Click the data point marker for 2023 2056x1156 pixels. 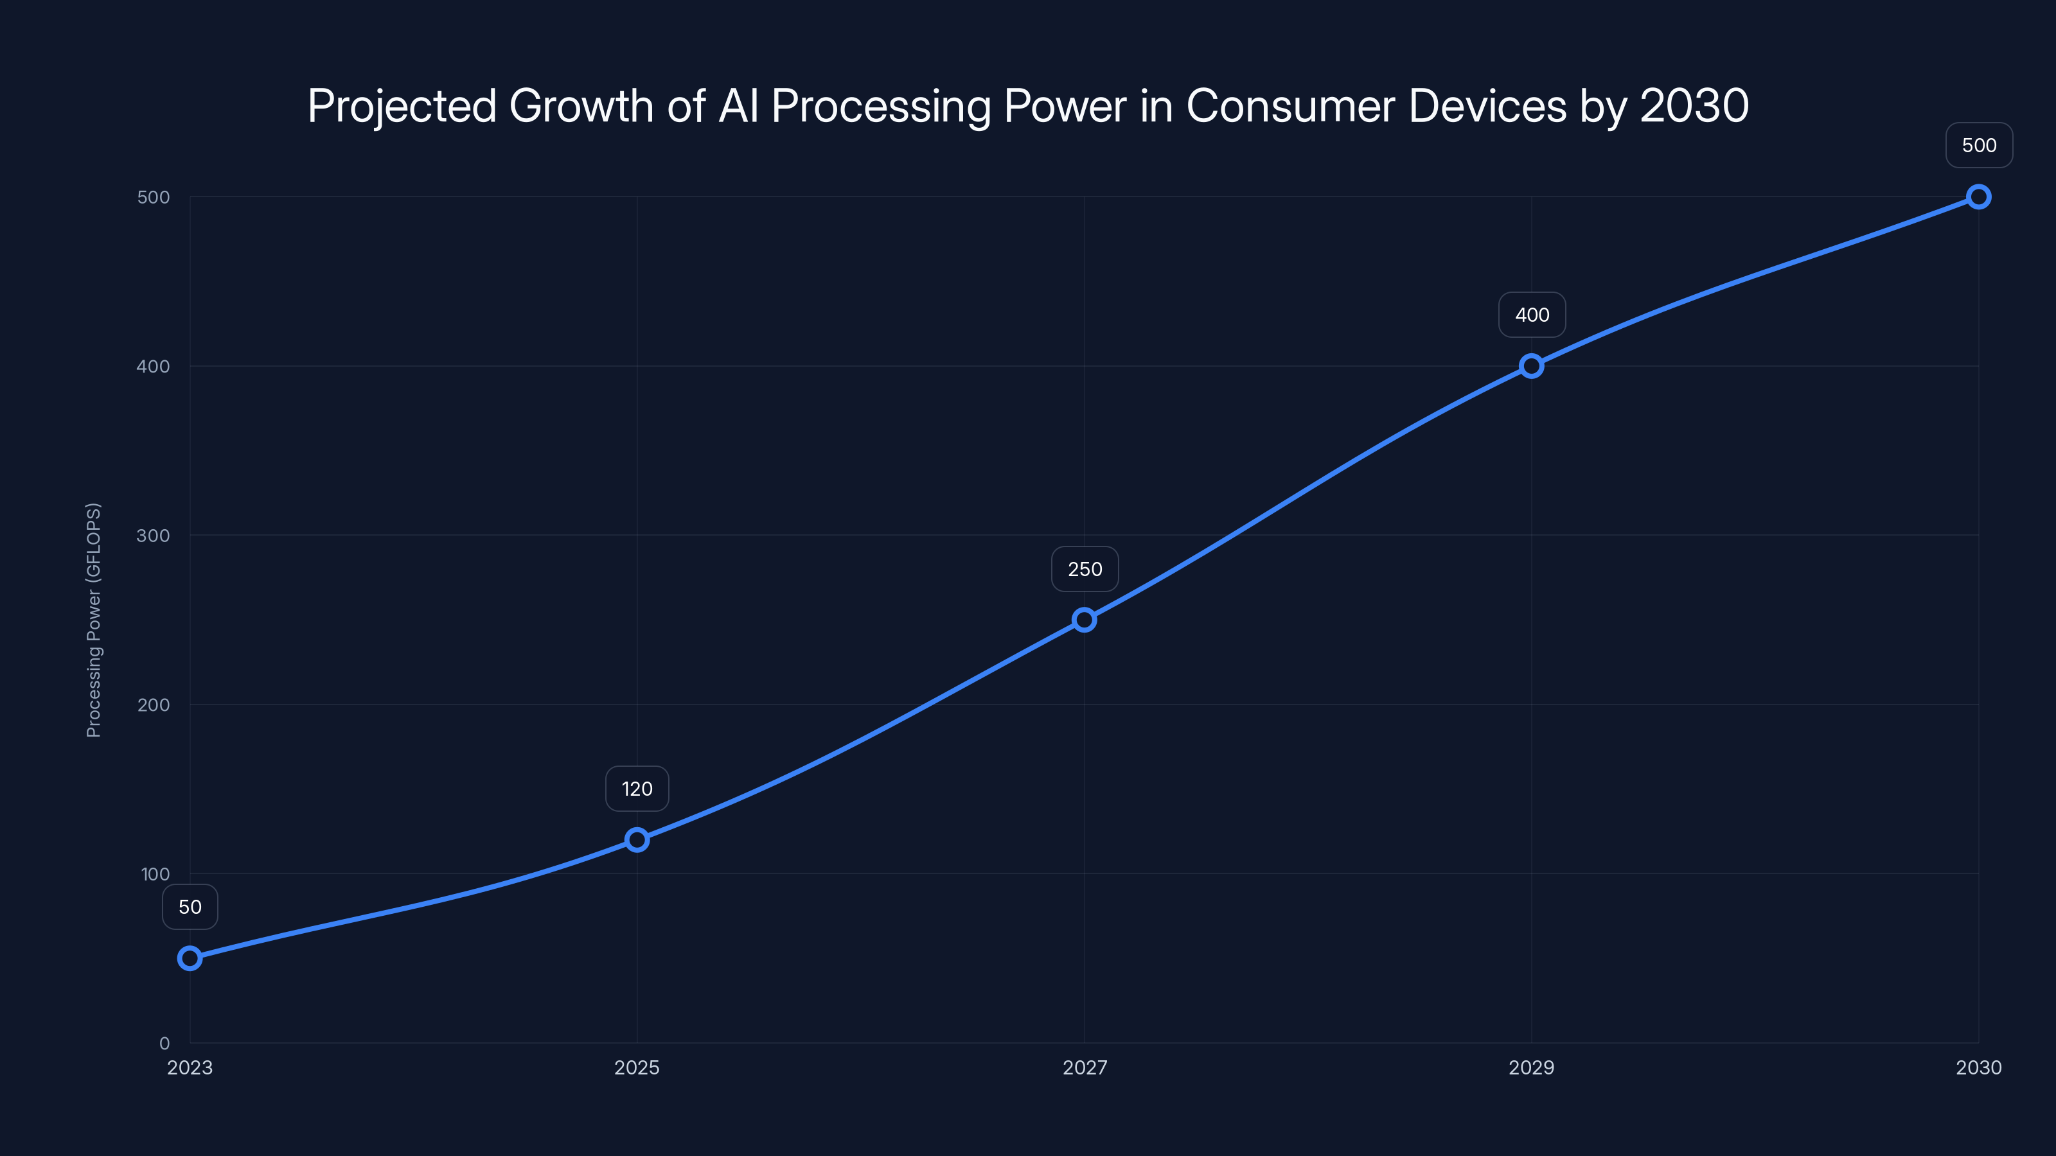coord(190,958)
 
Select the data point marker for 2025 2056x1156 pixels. coord(637,839)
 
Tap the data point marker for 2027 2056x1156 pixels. coord(1084,620)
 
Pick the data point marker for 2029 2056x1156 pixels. coord(1531,366)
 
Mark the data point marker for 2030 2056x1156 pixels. coord(1979,197)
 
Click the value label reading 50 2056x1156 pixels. coord(190,907)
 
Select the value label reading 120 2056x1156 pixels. coord(637,789)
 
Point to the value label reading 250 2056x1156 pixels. coord(1085,570)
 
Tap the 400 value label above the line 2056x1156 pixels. coord(1532,315)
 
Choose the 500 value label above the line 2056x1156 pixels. coord(1979,145)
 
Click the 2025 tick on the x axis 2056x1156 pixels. coord(637,1067)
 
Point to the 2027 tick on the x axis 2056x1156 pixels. coord(1085,1067)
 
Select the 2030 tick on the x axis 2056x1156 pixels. coord(1979,1067)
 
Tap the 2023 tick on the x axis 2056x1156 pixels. coord(190,1067)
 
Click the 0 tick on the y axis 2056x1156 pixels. coord(164,1044)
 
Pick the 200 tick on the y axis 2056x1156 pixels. coord(154,705)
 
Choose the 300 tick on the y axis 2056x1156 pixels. coord(154,536)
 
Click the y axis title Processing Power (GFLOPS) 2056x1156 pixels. coord(93,620)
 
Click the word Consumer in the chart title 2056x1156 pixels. coord(1296,106)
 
